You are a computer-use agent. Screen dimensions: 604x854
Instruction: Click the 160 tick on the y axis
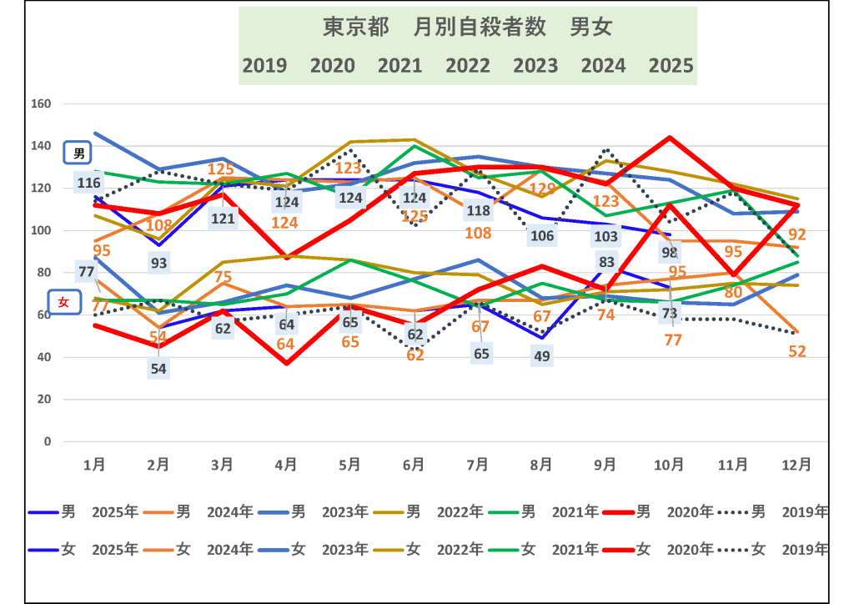tap(41, 104)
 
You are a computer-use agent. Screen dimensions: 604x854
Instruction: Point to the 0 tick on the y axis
tap(48, 441)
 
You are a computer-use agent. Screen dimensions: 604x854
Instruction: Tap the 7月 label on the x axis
tap(478, 464)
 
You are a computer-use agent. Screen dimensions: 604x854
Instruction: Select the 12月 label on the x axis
tap(798, 464)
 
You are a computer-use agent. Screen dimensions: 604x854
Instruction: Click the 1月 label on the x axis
tap(94, 464)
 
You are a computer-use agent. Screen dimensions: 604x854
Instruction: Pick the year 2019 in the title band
tap(264, 65)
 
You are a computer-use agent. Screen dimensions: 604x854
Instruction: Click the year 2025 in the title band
tap(671, 65)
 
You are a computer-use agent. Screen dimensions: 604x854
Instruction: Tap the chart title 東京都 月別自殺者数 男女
tap(467, 28)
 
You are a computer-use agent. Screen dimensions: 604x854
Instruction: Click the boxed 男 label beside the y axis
tap(79, 154)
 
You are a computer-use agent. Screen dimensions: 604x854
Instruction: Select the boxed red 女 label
tap(63, 303)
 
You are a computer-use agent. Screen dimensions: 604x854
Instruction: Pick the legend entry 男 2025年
tap(83, 512)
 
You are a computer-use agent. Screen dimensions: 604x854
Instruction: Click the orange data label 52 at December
tap(797, 351)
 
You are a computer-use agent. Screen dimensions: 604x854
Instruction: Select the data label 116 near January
tap(89, 183)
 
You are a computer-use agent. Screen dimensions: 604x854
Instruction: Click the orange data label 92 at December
tap(797, 234)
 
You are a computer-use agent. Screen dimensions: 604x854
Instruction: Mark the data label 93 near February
tap(158, 263)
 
